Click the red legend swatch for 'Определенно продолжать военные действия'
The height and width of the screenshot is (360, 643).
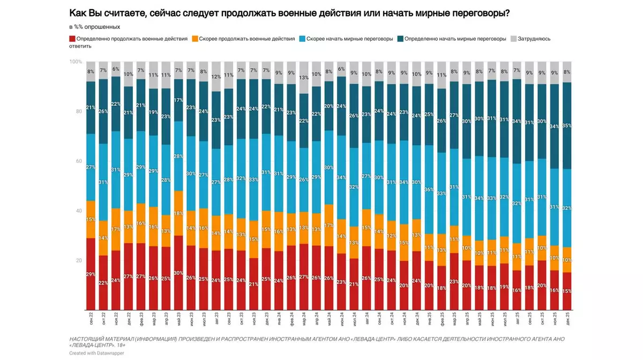click(x=72, y=39)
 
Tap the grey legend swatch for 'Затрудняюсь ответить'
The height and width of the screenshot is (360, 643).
click(x=513, y=39)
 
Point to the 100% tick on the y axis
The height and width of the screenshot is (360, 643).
click(x=76, y=62)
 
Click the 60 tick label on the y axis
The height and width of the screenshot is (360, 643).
click(x=79, y=161)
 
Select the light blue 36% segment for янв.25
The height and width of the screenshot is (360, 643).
click(x=429, y=189)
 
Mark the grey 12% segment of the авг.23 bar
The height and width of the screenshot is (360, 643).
click(x=215, y=77)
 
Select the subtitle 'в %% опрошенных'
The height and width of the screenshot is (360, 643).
click(x=94, y=26)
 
